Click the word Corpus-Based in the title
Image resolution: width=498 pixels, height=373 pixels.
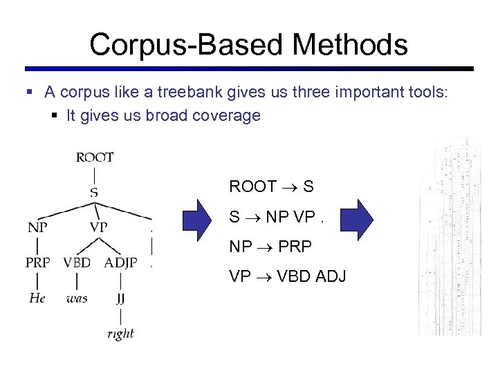[186, 45]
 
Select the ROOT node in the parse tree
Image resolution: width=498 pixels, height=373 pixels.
[95, 157]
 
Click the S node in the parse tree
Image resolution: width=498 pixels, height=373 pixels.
[93, 191]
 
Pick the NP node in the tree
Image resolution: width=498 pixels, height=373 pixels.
[38, 227]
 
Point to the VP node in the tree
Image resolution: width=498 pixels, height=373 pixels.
[98, 227]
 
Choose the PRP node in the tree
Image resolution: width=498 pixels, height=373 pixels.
[38, 262]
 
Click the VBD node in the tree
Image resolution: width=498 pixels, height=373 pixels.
[77, 262]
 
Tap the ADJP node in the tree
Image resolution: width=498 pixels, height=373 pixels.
[120, 262]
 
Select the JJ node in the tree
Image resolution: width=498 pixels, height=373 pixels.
[120, 298]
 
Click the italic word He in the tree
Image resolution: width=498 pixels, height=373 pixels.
[37, 298]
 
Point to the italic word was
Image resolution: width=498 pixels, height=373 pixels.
[77, 298]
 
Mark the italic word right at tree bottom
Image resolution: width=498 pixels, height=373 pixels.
[120, 334]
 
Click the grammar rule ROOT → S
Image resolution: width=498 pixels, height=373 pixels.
[271, 186]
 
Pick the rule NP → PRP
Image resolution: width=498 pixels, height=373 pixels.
[270, 247]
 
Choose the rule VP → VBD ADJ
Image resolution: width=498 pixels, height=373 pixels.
[287, 276]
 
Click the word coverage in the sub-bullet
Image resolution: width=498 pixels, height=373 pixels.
[228, 115]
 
